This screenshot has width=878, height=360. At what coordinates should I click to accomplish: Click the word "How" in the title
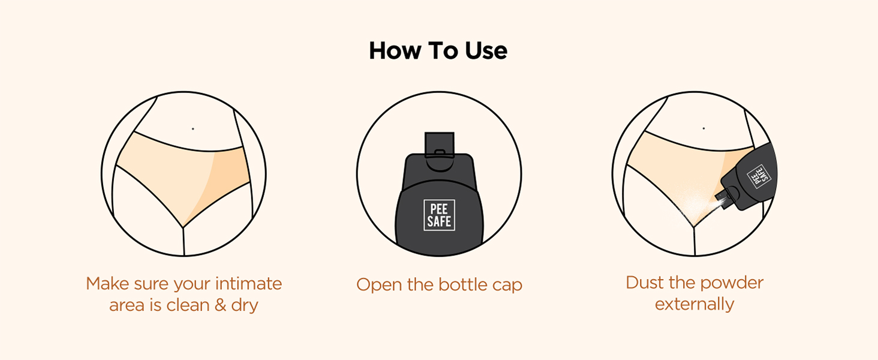coord(395,51)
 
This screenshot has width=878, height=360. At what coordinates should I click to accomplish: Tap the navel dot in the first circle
coord(193,128)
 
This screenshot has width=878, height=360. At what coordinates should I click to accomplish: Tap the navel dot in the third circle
coord(703,128)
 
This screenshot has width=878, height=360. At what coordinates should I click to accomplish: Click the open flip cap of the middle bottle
coord(440,145)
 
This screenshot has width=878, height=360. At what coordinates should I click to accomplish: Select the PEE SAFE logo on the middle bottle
coord(440,215)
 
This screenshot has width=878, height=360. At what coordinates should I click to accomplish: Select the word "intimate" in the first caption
coord(248,284)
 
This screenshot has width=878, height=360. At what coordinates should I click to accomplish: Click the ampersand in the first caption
coord(220,305)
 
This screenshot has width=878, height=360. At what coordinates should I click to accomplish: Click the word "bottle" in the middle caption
coord(462,284)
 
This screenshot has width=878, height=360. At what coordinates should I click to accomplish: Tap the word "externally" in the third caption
coord(694,304)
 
